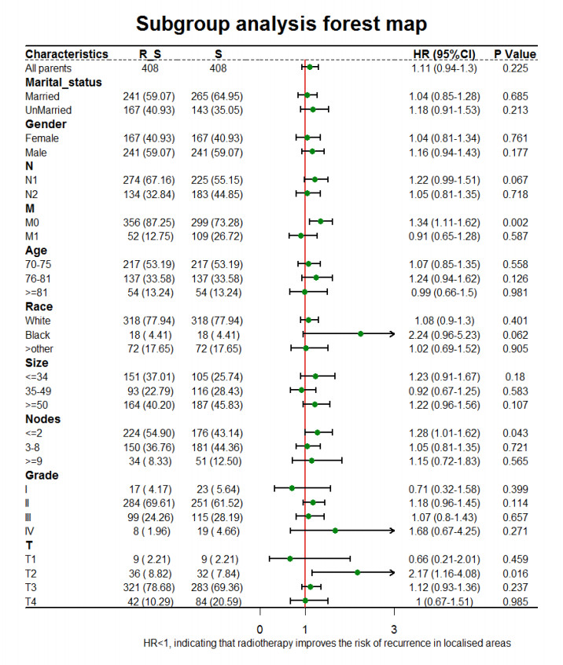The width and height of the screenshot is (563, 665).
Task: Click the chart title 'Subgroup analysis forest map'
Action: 281,23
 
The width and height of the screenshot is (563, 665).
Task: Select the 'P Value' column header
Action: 515,54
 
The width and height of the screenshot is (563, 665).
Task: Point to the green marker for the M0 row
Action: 320,222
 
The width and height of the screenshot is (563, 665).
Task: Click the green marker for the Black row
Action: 360,334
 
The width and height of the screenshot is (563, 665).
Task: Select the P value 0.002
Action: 515,222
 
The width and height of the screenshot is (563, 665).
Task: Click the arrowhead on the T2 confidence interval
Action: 392,573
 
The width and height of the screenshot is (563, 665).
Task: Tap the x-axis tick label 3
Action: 394,629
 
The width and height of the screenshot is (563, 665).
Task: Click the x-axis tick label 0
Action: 260,629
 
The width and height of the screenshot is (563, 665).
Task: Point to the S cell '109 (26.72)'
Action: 228,236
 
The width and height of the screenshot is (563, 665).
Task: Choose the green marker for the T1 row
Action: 289,559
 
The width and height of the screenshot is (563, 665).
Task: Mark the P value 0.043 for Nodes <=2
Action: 515,432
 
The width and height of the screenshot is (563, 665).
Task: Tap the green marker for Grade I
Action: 292,488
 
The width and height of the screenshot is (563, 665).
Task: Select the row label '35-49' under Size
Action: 39,391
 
